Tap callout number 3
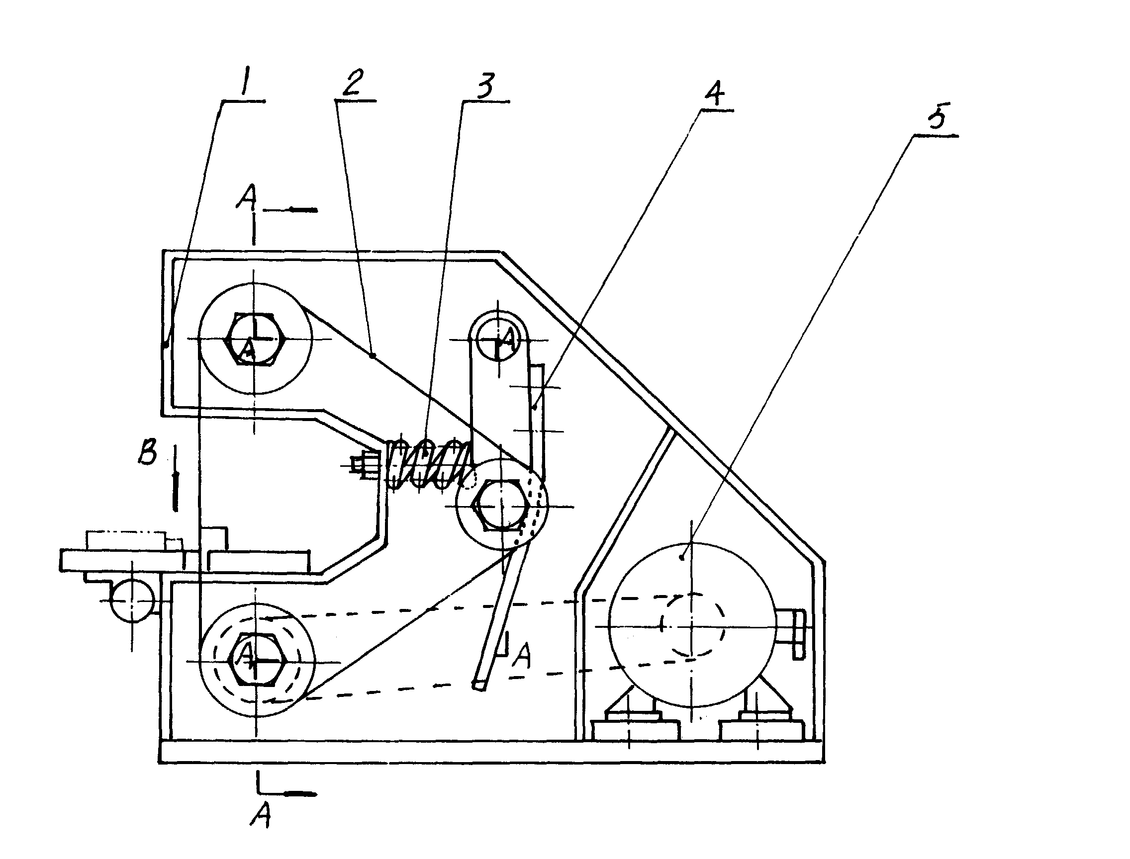pyautogui.click(x=484, y=85)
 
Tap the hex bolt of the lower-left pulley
pyautogui.click(x=256, y=661)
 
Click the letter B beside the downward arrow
pyautogui.click(x=147, y=452)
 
